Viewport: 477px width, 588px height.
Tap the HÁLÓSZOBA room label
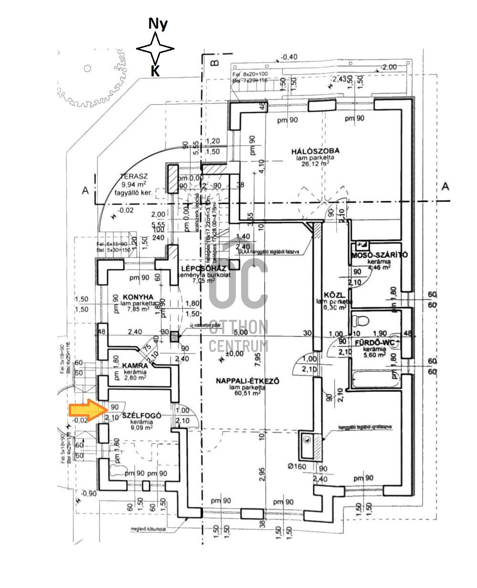318,152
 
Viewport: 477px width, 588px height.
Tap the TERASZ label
133,176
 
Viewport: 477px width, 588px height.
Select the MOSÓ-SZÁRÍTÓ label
379,255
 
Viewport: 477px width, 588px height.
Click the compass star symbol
155,49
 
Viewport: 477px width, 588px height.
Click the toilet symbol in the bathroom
363,320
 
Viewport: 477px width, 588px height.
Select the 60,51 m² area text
247,394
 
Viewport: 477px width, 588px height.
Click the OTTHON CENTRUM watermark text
238,336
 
